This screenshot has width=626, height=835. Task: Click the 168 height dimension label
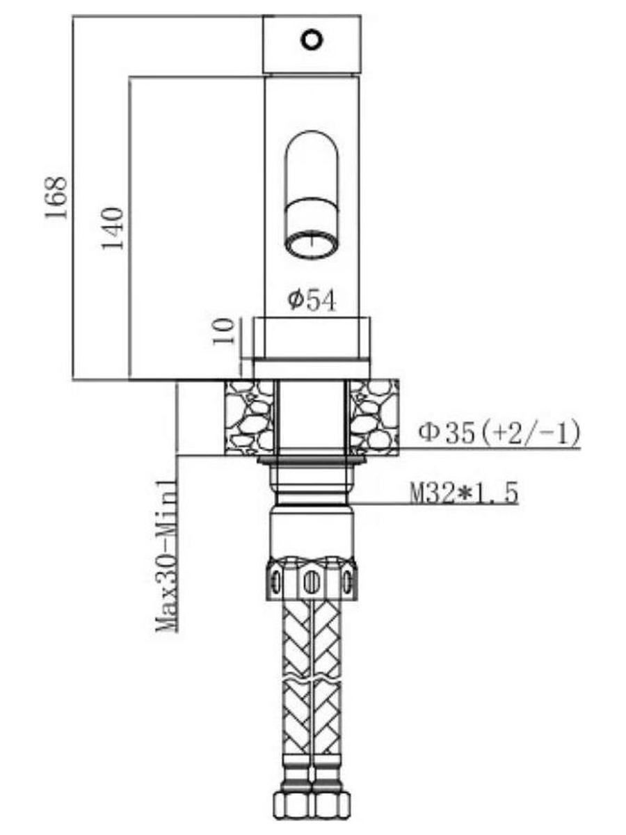[x=57, y=198]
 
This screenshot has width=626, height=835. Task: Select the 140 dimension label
[x=113, y=228]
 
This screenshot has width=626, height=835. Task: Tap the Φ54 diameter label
[x=312, y=301]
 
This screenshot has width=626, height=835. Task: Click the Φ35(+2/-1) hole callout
[x=500, y=434]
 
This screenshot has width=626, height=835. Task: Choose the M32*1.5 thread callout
[x=464, y=494]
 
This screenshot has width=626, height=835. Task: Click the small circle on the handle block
[x=312, y=40]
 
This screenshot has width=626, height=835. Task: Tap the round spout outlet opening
[x=312, y=246]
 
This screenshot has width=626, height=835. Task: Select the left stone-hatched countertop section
[x=249, y=417]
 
